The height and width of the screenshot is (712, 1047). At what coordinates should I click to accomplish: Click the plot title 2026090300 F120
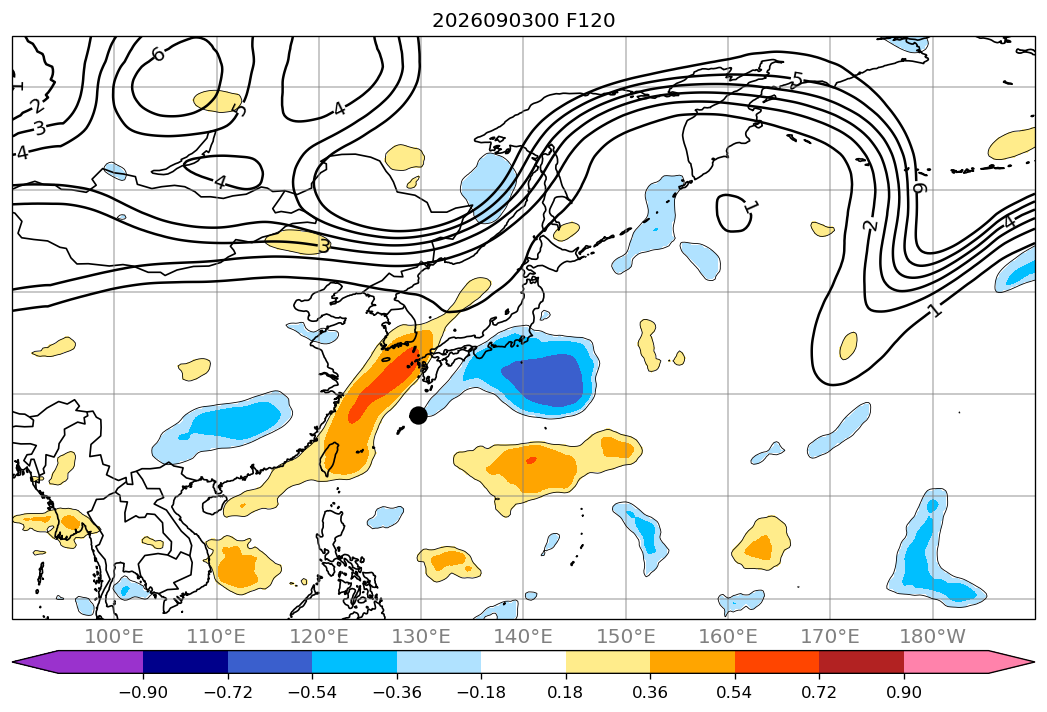click(524, 21)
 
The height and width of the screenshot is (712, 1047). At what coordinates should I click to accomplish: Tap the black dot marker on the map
click(418, 415)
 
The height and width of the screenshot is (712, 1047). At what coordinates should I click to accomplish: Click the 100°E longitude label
click(114, 636)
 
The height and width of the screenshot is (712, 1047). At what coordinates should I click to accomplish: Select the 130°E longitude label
click(421, 636)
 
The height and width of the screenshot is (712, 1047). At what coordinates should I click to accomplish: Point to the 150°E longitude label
click(626, 636)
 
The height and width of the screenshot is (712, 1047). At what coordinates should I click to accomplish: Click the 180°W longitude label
click(933, 636)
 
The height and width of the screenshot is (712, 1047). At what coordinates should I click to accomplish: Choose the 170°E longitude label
click(830, 636)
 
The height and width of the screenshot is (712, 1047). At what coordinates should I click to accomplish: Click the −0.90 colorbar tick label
click(143, 692)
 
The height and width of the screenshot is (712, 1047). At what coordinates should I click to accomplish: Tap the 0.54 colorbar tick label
click(735, 692)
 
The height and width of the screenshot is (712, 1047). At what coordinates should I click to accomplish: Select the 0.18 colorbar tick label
click(566, 692)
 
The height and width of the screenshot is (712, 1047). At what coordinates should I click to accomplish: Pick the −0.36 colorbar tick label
click(397, 692)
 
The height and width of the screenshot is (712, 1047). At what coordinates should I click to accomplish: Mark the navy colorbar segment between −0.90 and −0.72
click(185, 662)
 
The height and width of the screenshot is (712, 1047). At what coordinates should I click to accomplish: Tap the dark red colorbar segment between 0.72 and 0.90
click(861, 662)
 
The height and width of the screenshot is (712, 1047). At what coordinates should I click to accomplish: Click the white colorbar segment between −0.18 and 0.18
click(524, 662)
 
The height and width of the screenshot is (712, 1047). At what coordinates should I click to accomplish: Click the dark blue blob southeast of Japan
click(542, 378)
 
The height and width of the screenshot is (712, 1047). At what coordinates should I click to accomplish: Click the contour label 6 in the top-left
click(158, 54)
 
